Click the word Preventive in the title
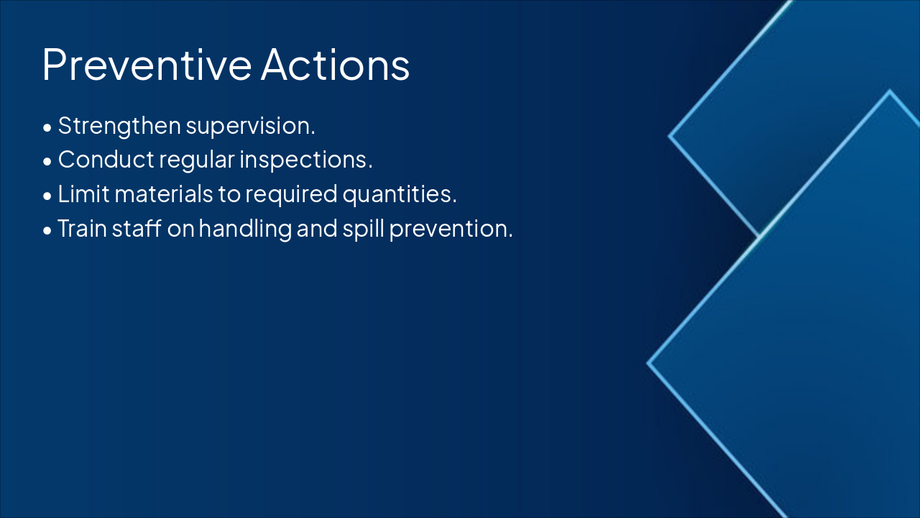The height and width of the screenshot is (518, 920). point(147,65)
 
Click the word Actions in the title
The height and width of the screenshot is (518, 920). point(335,65)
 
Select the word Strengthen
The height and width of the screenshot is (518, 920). point(119,126)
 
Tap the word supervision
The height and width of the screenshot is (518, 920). point(250,127)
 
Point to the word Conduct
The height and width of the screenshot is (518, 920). point(106,160)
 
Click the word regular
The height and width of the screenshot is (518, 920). point(197,160)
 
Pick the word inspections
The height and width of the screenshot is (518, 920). point(306,160)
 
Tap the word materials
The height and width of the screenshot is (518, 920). point(164,194)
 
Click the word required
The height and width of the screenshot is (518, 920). point(291,194)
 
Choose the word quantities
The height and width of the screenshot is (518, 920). point(399,194)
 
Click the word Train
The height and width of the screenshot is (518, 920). point(82,228)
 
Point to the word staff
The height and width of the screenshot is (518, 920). point(137,228)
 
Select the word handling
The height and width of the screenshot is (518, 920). point(245,229)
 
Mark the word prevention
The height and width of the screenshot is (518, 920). point(451,229)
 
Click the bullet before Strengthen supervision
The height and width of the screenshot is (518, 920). point(47,128)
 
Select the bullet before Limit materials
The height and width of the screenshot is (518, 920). point(47,196)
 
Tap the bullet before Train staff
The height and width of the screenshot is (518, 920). point(47,231)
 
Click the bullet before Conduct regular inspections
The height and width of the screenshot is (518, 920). point(47,162)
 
